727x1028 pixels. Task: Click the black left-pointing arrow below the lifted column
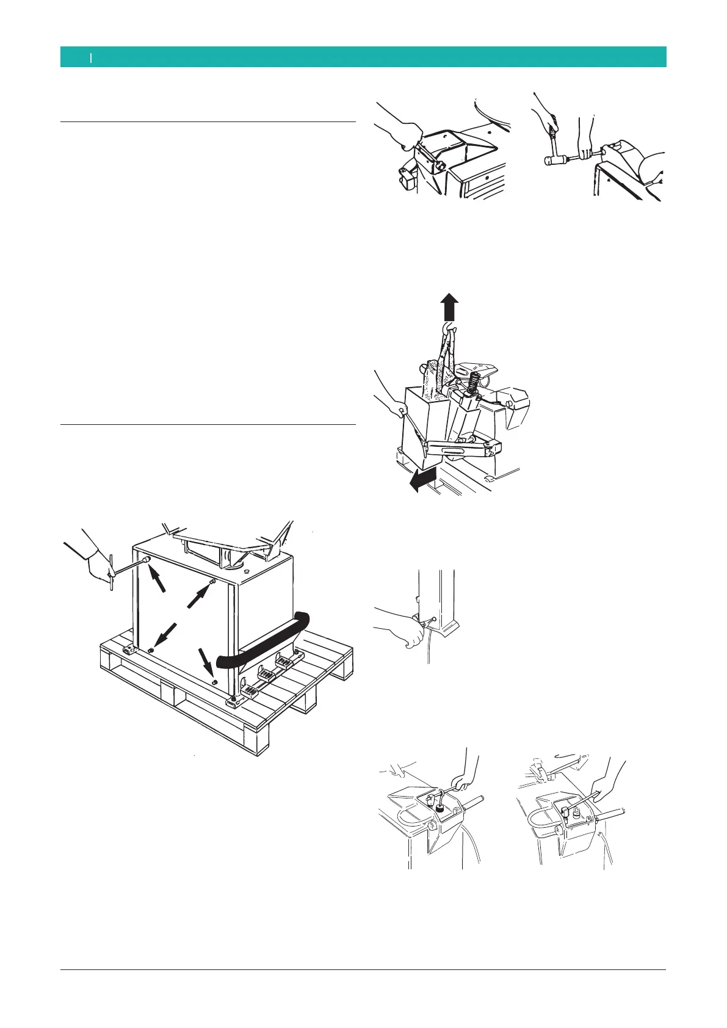click(422, 482)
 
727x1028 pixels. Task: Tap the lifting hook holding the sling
click(450, 332)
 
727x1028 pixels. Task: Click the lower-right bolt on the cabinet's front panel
click(214, 681)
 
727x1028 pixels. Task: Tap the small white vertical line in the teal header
click(91, 57)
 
